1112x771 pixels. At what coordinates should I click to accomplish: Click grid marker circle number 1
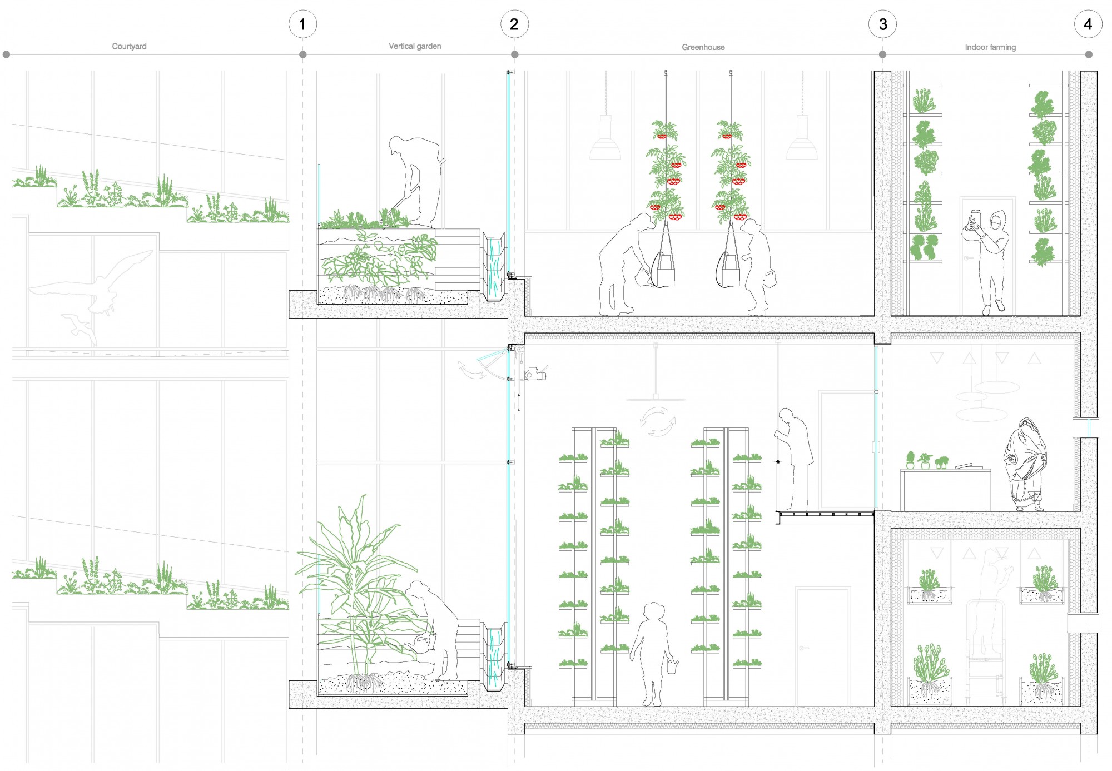coord(302,24)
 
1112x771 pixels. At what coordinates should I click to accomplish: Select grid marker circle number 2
coord(514,24)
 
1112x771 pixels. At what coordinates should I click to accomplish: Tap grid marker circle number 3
coord(883,24)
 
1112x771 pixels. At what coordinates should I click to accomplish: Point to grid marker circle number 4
coord(1088,24)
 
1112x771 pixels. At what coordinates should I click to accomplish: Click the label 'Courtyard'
coord(130,47)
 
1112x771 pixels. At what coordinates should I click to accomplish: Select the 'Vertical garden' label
coord(415,47)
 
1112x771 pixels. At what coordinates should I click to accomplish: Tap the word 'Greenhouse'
coord(703,47)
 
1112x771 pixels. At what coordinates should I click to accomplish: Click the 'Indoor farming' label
coord(990,47)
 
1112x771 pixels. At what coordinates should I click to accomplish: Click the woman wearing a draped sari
coord(1025,465)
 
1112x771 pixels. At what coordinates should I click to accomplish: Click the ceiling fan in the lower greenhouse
coord(656,398)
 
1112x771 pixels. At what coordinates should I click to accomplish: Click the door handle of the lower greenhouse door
coord(802,648)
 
